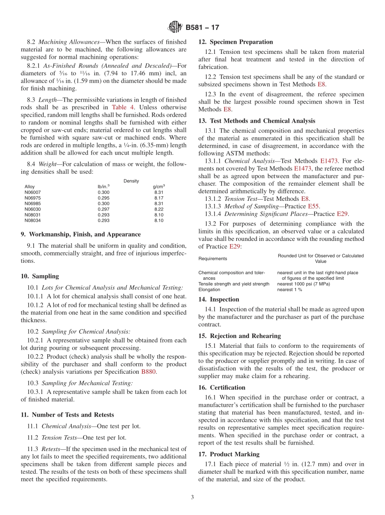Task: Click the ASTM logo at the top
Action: pyautogui.click(x=175, y=27)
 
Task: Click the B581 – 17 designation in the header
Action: pyautogui.click(x=202, y=28)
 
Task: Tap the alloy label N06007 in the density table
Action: pyautogui.click(x=32, y=192)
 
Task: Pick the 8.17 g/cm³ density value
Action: pyautogui.click(x=159, y=198)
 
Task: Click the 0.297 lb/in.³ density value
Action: pyautogui.click(x=103, y=209)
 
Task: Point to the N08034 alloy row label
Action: pyautogui.click(x=32, y=221)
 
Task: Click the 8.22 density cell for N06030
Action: pyautogui.click(x=159, y=209)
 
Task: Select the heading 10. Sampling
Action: pyautogui.click(x=40, y=276)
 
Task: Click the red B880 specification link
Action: pyautogui.click(x=148, y=372)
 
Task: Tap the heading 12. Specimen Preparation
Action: pyautogui.click(x=235, y=42)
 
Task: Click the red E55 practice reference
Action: pyautogui.click(x=314, y=206)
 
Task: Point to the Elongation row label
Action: pyautogui.click(x=209, y=289)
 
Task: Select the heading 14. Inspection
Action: pyautogui.click(x=219, y=299)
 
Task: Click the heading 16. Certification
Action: pyautogui.click(x=222, y=387)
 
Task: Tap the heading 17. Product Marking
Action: pyautogui.click(x=229, y=454)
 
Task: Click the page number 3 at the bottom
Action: pyautogui.click(x=192, y=497)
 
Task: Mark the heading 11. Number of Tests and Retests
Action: pyautogui.click(x=67, y=415)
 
